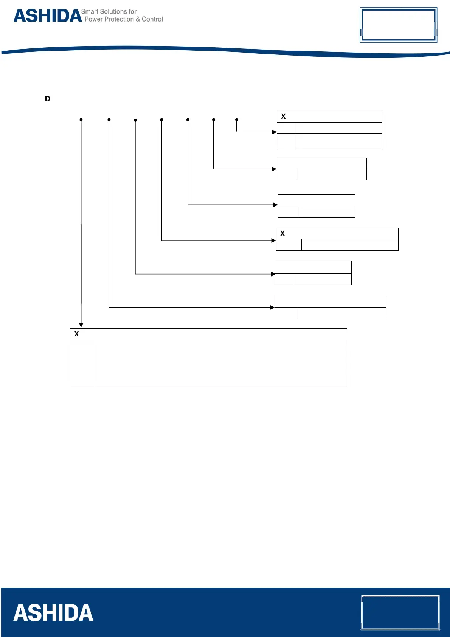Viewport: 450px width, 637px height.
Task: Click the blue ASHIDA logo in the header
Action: [48, 16]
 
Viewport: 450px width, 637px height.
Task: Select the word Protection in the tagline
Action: [119, 19]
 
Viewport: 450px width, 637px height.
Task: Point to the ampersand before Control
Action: [138, 19]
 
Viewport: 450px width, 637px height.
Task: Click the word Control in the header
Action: [152, 19]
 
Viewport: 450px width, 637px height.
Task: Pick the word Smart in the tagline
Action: [90, 12]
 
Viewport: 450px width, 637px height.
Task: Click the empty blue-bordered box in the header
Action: [398, 25]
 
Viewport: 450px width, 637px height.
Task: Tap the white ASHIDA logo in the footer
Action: [53, 613]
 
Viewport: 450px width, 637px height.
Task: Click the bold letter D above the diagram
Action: [48, 99]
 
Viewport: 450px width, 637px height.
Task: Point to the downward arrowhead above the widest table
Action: [81, 325]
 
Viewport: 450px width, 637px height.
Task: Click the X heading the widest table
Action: [77, 334]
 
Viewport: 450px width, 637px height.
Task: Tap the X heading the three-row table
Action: [283, 117]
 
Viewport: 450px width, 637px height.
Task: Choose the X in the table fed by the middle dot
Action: [282, 233]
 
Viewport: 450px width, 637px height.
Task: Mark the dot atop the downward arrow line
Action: [81, 120]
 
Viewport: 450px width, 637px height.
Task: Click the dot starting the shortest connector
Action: [237, 120]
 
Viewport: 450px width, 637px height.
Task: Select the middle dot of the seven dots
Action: [161, 120]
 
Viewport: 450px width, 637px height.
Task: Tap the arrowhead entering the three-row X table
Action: [275, 132]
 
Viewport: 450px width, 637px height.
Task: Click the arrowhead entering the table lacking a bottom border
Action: [275, 169]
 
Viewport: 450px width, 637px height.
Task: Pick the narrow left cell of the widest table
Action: [82, 363]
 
